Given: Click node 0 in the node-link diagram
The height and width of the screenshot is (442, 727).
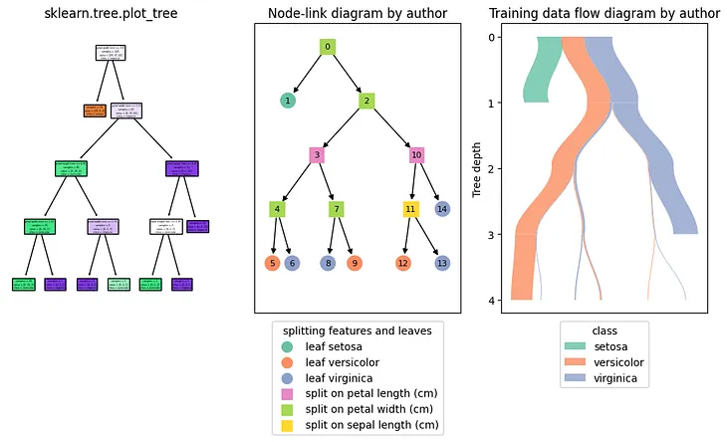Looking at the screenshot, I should [328, 47].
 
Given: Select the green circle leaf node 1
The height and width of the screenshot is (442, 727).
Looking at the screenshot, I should [288, 101].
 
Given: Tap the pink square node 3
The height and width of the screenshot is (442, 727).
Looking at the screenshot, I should [317, 155].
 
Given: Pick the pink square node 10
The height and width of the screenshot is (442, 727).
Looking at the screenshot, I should [417, 155].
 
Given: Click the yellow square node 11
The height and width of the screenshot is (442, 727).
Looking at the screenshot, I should [410, 209].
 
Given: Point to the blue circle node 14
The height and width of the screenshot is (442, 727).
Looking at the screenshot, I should [442, 209].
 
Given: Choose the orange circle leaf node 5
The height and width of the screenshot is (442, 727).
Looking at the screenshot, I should [272, 264].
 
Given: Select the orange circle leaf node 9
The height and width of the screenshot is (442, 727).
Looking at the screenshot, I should [355, 264].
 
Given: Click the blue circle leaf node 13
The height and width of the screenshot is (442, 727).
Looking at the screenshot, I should [442, 264].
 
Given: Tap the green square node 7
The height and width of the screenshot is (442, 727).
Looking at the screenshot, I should [337, 209].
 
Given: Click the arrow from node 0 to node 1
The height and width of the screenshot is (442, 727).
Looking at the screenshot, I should [308, 74].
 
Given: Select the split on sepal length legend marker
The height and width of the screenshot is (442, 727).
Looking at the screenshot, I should [288, 425].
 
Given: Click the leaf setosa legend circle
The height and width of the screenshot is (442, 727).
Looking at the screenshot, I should [288, 345].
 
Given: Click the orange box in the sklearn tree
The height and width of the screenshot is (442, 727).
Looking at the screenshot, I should [96, 111].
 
